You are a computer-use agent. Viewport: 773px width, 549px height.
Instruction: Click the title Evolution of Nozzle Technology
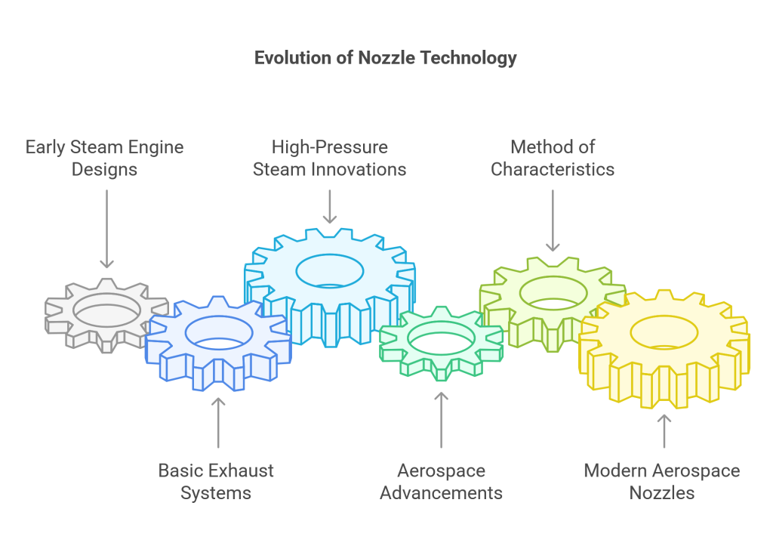point(386,58)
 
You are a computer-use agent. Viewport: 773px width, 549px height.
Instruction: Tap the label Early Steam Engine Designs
point(104,158)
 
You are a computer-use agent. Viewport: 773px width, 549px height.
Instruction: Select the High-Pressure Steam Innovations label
point(330,158)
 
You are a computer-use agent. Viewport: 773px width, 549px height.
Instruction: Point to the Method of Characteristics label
point(553,158)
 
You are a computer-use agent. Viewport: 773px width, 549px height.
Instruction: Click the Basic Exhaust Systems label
point(216,482)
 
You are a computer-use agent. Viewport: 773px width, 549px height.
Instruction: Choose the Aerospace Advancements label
point(441,482)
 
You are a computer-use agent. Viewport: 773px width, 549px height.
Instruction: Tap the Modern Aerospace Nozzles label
point(662,482)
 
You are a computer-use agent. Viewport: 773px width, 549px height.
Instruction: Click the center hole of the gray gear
point(106,310)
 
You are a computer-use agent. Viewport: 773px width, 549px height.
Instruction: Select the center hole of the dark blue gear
point(219,333)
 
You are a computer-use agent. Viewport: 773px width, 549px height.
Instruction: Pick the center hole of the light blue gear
point(330,271)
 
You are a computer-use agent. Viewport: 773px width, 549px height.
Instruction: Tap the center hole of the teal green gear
point(441,338)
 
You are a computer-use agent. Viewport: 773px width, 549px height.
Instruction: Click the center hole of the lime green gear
point(553,293)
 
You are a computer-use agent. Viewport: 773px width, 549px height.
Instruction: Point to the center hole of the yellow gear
point(664,332)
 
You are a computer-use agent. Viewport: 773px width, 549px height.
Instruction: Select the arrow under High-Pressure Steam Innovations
point(330,207)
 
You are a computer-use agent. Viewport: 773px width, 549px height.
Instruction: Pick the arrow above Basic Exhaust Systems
point(218,423)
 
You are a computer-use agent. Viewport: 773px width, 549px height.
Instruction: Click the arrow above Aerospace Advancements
point(441,421)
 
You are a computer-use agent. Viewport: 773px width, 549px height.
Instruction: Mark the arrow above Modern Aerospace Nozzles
point(664,431)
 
